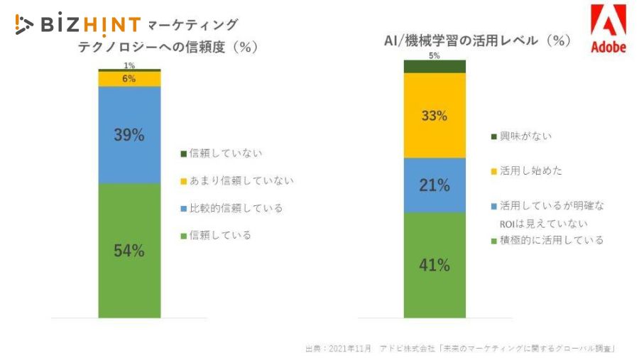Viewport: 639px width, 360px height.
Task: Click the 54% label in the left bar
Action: tap(129, 251)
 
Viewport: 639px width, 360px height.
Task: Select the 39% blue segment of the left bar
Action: tap(129, 135)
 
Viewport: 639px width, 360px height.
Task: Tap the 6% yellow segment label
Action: tap(129, 79)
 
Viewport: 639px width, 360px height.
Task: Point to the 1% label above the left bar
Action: tap(129, 65)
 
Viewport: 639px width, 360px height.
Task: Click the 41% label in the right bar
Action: tap(435, 266)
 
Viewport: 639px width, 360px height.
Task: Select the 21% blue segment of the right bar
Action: tap(435, 185)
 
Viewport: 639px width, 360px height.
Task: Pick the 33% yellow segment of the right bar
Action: tap(435, 116)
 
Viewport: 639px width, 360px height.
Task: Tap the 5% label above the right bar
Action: tap(434, 55)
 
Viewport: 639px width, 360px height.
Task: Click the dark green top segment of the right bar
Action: tap(435, 66)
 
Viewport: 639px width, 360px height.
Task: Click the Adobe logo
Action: tap(608, 32)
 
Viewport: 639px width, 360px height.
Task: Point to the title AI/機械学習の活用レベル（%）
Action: tap(477, 40)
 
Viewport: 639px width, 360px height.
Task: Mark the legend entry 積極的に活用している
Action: tap(551, 240)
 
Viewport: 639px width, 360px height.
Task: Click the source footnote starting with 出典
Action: tap(460, 348)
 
